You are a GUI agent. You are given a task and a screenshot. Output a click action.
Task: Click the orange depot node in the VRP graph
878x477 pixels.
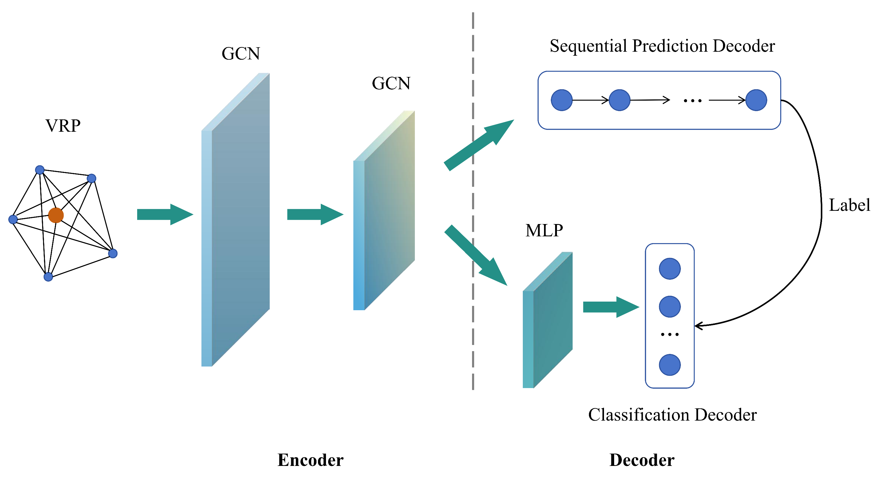[x=56, y=215]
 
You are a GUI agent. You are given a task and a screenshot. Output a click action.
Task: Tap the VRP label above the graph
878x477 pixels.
[x=63, y=126]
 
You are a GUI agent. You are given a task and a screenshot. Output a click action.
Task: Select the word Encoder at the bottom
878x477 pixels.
[x=310, y=460]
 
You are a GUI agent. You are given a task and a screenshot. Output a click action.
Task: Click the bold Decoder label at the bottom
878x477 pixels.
[x=642, y=460]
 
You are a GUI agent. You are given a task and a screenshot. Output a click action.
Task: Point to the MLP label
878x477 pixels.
[x=544, y=230]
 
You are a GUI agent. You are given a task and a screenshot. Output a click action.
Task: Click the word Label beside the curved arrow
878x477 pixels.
[x=849, y=205]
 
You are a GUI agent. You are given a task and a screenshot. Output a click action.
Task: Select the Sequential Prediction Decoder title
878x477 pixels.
[x=662, y=46]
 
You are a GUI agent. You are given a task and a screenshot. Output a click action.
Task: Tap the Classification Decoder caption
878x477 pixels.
[x=672, y=415]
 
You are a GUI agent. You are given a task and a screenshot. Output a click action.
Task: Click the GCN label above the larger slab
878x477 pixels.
[x=240, y=54]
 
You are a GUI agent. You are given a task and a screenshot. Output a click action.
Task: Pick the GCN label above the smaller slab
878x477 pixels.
[x=391, y=83]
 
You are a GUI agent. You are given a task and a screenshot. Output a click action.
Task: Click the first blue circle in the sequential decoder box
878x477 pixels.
[x=561, y=100]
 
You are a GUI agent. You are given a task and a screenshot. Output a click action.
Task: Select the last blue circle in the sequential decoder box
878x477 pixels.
[x=756, y=100]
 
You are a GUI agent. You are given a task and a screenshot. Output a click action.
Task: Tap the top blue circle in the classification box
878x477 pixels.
[x=669, y=269]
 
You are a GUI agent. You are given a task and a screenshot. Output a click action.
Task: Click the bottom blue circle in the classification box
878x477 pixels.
[x=669, y=365]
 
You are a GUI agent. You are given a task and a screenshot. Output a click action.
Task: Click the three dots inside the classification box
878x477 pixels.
[x=669, y=335]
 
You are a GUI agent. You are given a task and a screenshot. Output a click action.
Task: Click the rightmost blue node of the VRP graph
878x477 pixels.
[x=113, y=253]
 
